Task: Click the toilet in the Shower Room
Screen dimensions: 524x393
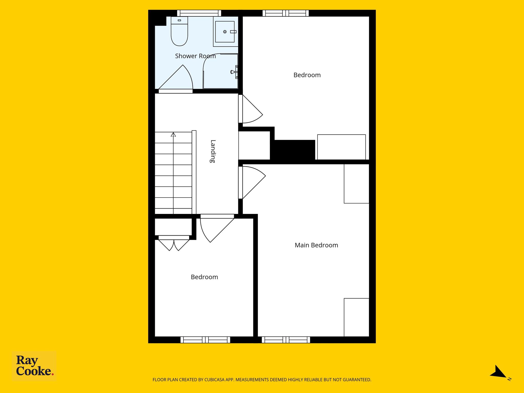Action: click(x=179, y=31)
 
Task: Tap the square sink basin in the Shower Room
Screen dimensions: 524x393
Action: click(x=225, y=32)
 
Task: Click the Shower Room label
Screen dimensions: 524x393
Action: click(x=195, y=56)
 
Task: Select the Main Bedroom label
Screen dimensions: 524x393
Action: click(x=316, y=245)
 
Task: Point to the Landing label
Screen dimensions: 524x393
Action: click(x=213, y=151)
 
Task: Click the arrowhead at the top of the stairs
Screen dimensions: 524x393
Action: click(x=173, y=135)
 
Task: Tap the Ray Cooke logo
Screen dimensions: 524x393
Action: click(x=34, y=366)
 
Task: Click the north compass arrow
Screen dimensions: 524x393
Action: click(x=498, y=373)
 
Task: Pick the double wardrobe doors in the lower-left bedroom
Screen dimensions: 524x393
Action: click(x=174, y=245)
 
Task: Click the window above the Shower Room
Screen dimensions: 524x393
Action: click(x=199, y=13)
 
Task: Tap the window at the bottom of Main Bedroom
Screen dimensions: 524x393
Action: click(x=286, y=340)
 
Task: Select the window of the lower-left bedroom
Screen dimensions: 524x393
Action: click(x=205, y=340)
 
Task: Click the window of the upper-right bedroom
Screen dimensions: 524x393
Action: click(x=286, y=13)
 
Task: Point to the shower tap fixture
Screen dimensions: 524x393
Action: click(x=234, y=72)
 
